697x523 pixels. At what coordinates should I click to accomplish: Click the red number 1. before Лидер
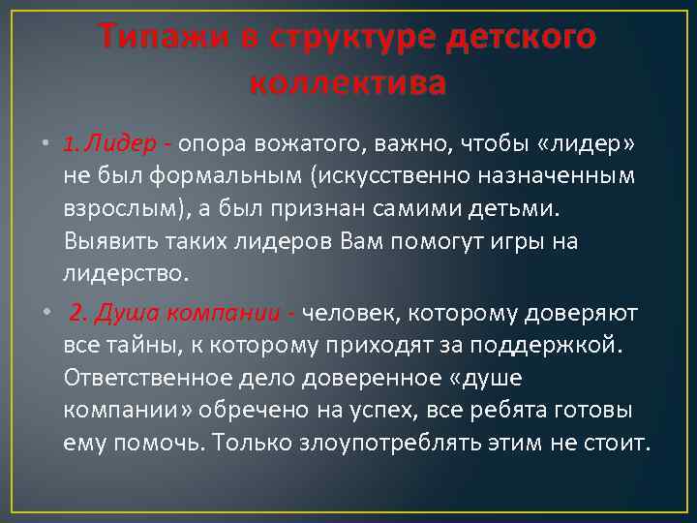coord(71,144)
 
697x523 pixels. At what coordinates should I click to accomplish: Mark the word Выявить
coord(101,241)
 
